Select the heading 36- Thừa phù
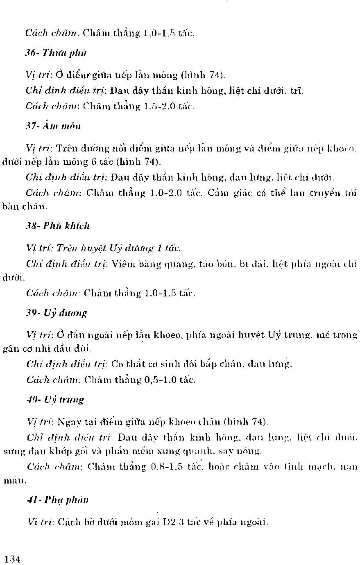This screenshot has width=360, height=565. (x=56, y=53)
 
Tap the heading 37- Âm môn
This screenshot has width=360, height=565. (x=53, y=126)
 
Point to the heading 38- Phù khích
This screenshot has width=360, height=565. (x=58, y=226)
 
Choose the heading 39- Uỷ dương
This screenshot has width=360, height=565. (x=57, y=314)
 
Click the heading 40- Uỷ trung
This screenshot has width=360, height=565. (x=55, y=400)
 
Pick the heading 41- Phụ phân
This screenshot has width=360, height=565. (x=57, y=500)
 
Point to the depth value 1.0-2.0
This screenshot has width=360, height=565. (x=163, y=193)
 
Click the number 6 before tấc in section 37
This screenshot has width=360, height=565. (x=93, y=162)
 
